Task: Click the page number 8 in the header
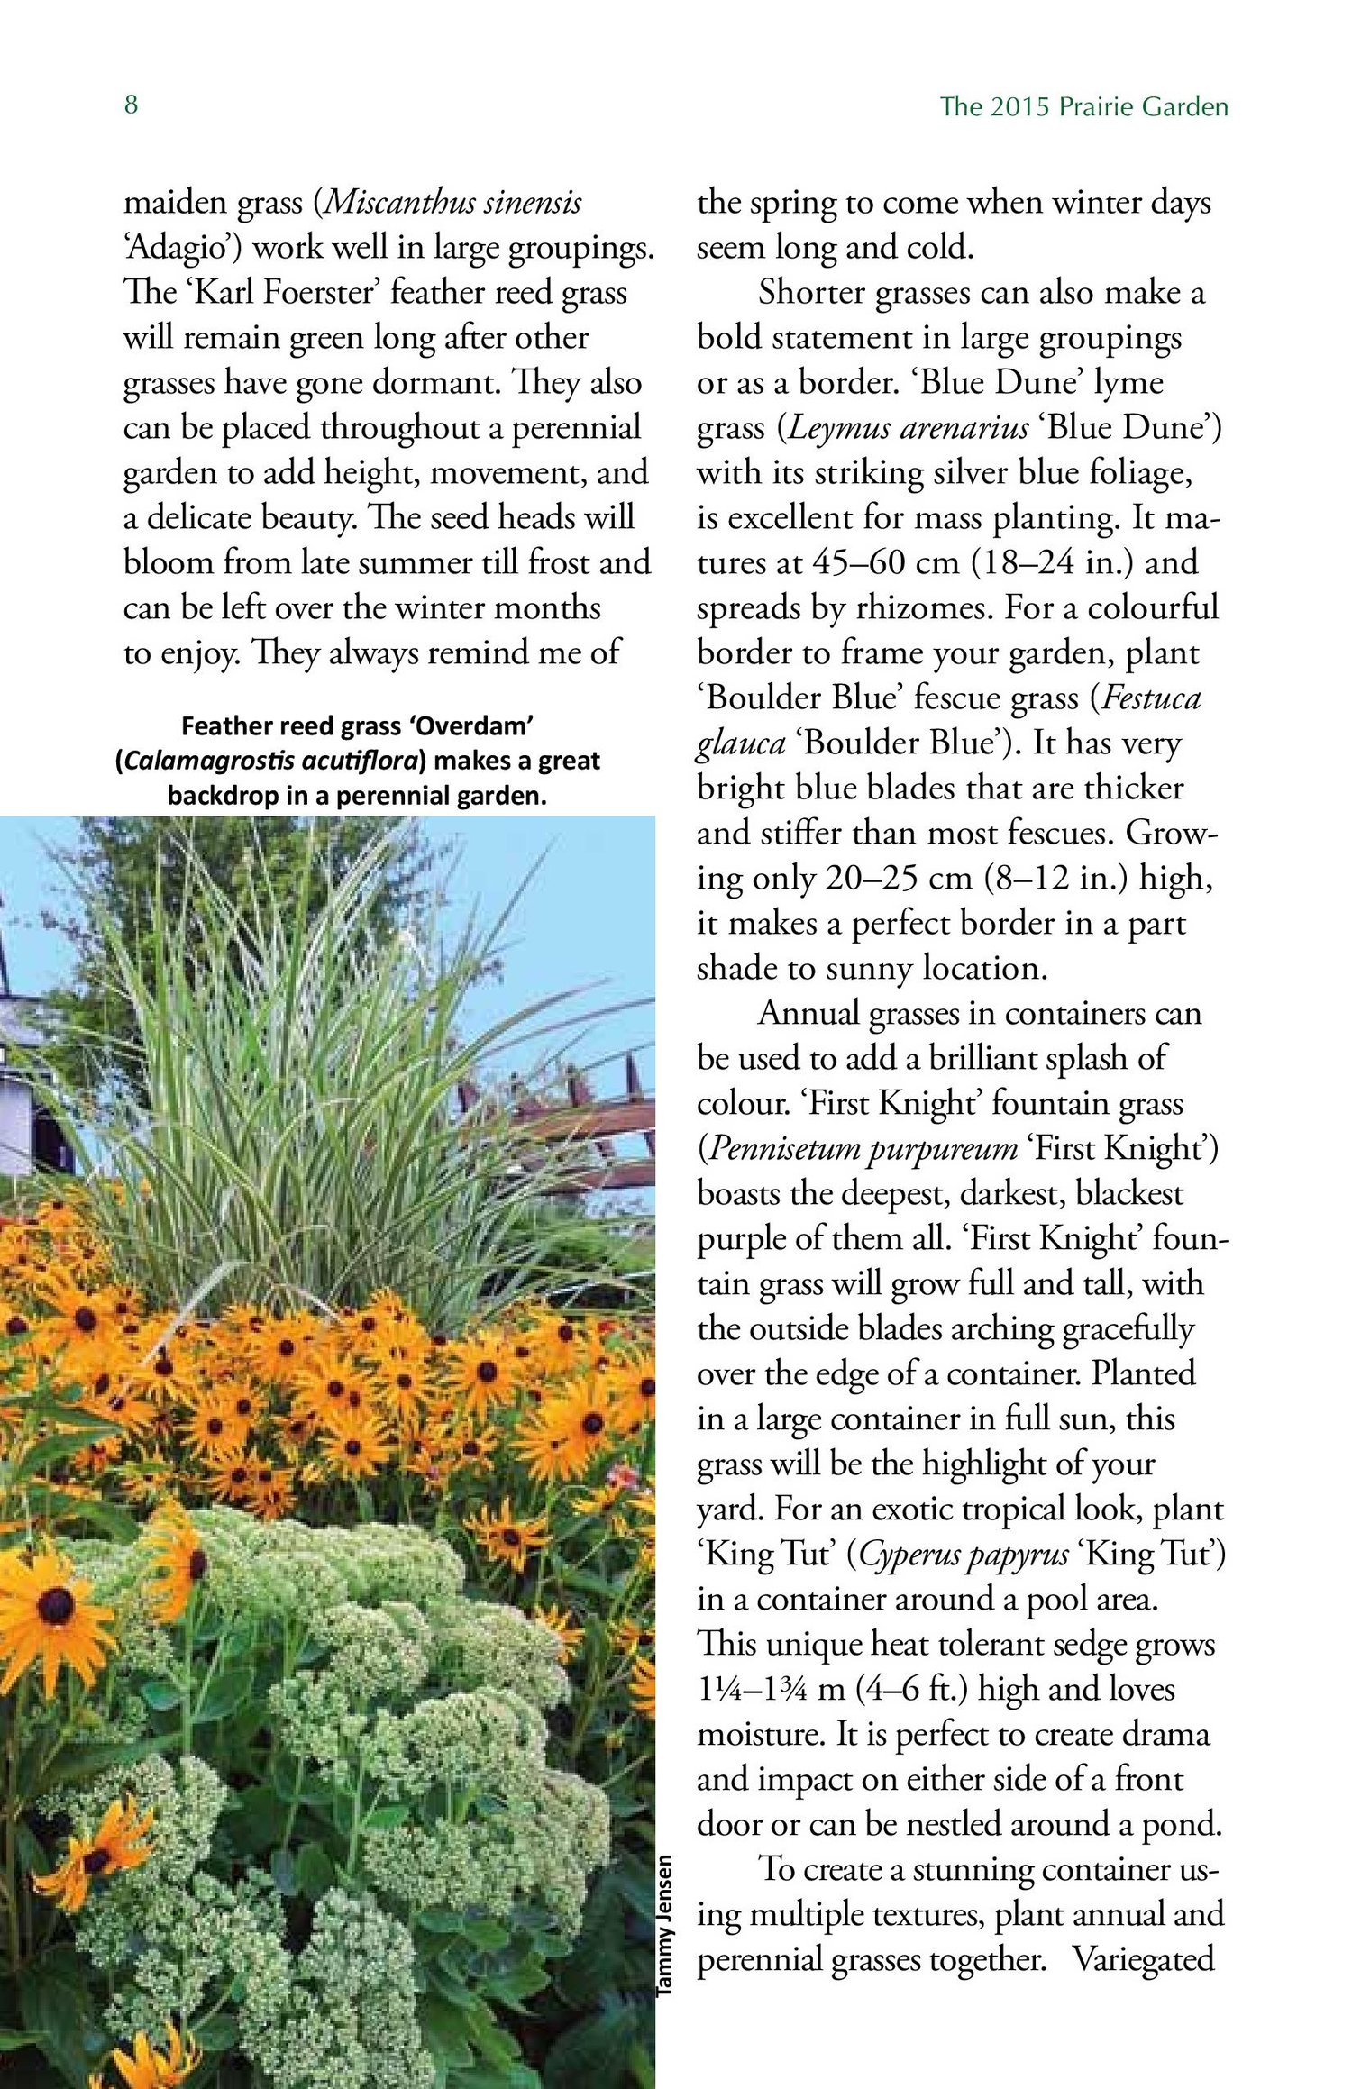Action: pos(132,105)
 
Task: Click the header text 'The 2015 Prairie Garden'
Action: pos(1083,107)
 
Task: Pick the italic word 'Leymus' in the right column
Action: pos(834,428)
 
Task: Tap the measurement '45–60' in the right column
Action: pos(858,563)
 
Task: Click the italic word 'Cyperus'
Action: pos(908,1555)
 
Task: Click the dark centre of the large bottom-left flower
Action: pos(56,1602)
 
